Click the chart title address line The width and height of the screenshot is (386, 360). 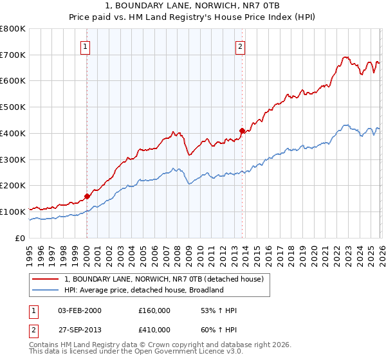point(193,6)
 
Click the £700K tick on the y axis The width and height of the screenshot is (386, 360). point(13,55)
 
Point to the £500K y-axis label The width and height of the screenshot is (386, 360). point(13,107)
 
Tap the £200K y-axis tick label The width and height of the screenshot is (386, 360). point(13,186)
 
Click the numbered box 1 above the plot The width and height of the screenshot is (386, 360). point(86,46)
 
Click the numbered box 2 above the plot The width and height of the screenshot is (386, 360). point(240,46)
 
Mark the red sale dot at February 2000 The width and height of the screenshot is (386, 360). point(87,196)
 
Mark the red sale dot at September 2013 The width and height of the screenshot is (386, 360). point(242,130)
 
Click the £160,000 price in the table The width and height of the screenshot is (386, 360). point(154,310)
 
